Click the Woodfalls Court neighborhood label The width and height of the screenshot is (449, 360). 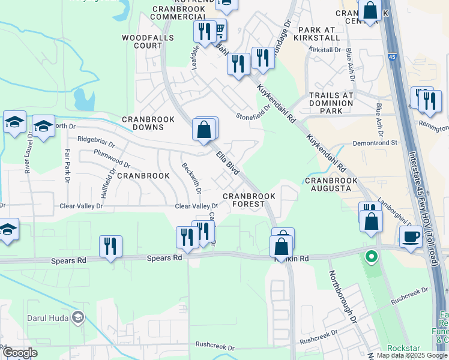click(x=148, y=41)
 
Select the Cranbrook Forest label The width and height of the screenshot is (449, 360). click(x=249, y=200)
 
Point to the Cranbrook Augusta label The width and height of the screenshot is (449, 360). click(x=328, y=184)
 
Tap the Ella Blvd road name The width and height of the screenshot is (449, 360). click(x=228, y=163)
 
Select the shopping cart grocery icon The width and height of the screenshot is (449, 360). click(x=219, y=29)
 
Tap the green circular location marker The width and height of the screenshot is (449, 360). click(x=372, y=257)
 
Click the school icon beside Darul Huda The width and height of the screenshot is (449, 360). click(x=77, y=317)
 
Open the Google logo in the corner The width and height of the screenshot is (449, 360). click(x=20, y=353)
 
